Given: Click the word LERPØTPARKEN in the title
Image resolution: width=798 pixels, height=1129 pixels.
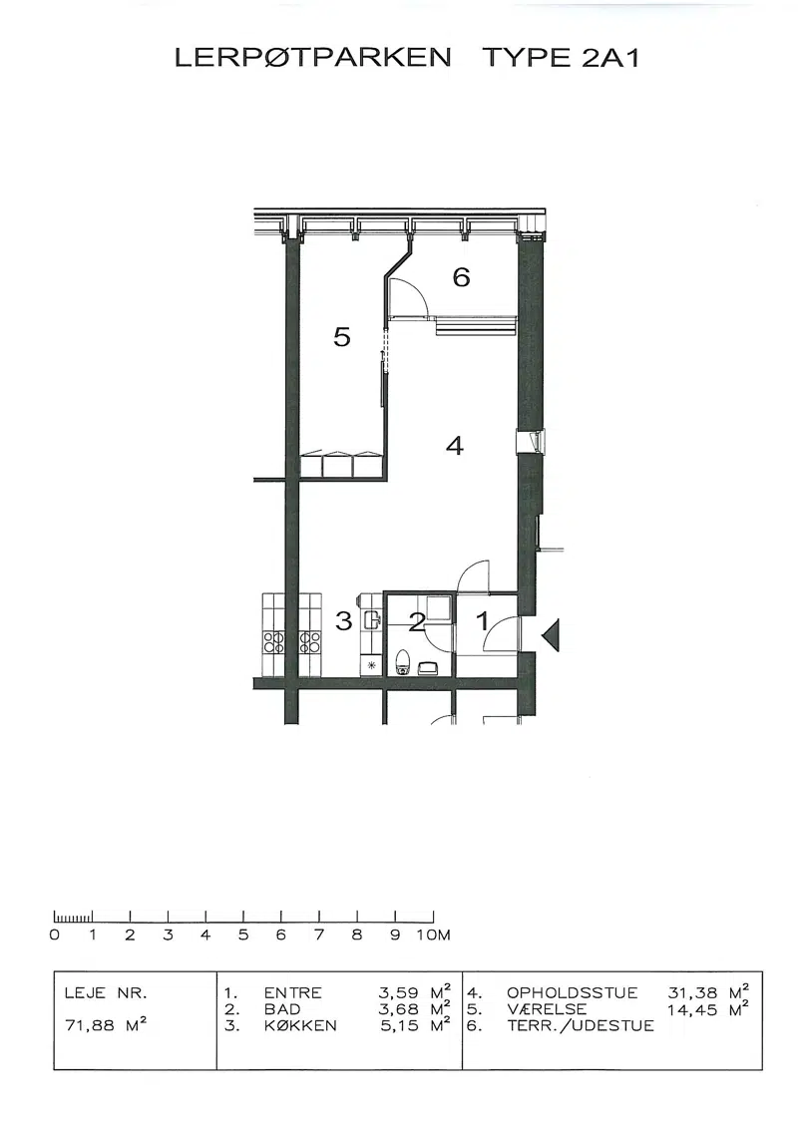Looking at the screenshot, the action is click(x=313, y=57).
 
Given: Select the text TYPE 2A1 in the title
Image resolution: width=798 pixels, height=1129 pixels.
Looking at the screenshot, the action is click(x=561, y=58).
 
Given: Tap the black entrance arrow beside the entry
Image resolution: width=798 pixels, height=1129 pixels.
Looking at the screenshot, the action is click(x=551, y=635).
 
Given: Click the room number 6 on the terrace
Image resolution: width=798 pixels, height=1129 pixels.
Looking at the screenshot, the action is click(x=462, y=276).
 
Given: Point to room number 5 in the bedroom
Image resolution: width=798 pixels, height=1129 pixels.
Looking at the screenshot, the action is click(x=342, y=336).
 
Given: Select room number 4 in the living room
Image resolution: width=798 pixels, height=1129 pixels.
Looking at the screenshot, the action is click(x=455, y=446).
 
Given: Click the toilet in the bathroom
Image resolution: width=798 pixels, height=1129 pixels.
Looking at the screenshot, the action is click(x=403, y=661).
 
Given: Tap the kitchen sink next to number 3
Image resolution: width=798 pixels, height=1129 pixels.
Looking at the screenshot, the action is click(x=372, y=620).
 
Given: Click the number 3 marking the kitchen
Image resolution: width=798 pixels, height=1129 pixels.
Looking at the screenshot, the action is click(x=344, y=620).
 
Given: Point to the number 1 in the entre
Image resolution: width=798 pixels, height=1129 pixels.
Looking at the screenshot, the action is click(x=483, y=620).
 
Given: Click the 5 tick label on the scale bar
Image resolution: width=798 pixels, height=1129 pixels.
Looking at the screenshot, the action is click(x=243, y=935).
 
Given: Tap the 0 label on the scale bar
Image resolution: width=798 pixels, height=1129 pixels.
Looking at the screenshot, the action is click(x=55, y=935).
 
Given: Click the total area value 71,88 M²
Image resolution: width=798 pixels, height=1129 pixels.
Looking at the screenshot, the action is click(x=106, y=1024).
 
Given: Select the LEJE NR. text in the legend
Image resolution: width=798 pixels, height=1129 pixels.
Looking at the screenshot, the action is click(x=106, y=993).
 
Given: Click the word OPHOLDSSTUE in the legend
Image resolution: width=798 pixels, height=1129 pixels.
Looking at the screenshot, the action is click(x=573, y=993).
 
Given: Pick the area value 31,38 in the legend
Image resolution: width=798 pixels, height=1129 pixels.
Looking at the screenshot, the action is click(x=693, y=993).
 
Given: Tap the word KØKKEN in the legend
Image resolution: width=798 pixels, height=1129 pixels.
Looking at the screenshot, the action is click(x=300, y=1025).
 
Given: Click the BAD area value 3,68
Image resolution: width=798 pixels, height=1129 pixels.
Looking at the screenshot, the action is click(x=398, y=1009).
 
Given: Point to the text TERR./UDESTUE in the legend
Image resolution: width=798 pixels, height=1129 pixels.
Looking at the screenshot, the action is click(x=581, y=1025).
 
